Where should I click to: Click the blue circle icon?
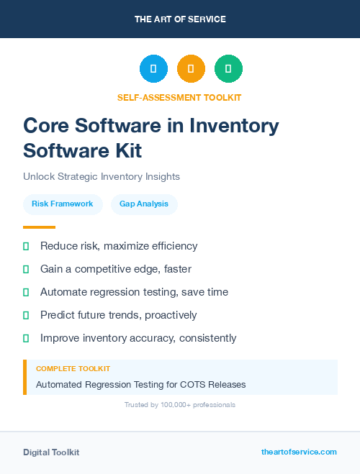point(153,68)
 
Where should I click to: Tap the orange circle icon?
point(191,68)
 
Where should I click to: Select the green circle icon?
point(228,68)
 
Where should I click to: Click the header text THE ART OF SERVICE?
point(180,19)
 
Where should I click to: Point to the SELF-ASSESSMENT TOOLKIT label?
point(179,97)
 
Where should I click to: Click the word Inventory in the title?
point(234,125)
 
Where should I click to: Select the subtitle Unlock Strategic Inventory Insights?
point(102,176)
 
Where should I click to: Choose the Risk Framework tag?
point(63,204)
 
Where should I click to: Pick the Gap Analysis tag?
point(144,204)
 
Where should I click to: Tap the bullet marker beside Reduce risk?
point(26,246)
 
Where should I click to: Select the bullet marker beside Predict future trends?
point(26,315)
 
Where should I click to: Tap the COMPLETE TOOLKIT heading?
point(73,369)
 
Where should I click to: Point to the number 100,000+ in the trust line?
point(169,405)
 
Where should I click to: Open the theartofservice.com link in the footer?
point(299,452)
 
